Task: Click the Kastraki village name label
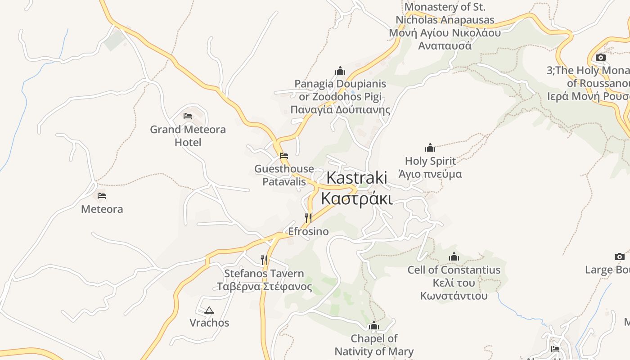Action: pyautogui.click(x=356, y=188)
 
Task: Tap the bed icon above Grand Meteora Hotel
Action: pyautogui.click(x=188, y=116)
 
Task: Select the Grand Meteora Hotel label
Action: pyautogui.click(x=188, y=136)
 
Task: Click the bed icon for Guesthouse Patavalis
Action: pyautogui.click(x=284, y=156)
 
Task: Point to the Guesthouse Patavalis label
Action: pyautogui.click(x=284, y=175)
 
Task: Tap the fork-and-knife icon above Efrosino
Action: pyautogui.click(x=308, y=218)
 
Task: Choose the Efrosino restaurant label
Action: pyautogui.click(x=308, y=232)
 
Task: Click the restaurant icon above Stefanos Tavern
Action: pyautogui.click(x=264, y=260)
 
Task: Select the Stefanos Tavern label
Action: pyautogui.click(x=264, y=280)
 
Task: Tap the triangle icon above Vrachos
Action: pyautogui.click(x=209, y=310)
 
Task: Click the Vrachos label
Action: pyautogui.click(x=209, y=323)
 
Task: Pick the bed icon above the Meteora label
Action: pyautogui.click(x=102, y=196)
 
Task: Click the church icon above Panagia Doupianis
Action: pyautogui.click(x=340, y=71)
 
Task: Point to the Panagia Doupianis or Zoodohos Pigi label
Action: pyautogui.click(x=340, y=97)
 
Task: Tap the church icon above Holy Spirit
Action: pyautogui.click(x=430, y=148)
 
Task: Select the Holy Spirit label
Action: pyautogui.click(x=430, y=167)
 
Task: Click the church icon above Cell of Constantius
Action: pyautogui.click(x=454, y=256)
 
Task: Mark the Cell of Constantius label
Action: pyautogui.click(x=454, y=283)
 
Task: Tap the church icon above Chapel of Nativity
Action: pyautogui.click(x=374, y=326)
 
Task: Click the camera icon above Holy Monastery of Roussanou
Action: pyautogui.click(x=600, y=57)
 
